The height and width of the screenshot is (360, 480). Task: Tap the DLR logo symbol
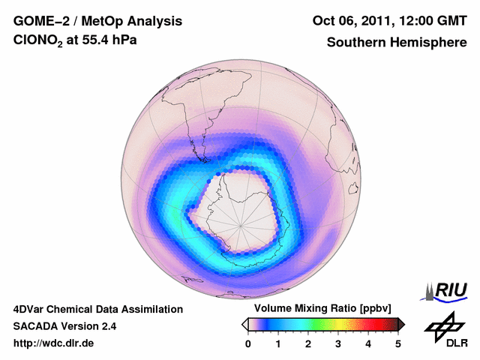pyautogui.click(x=443, y=325)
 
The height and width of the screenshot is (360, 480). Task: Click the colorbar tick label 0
pyautogui.click(x=248, y=343)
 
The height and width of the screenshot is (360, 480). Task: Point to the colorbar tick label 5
pyautogui.click(x=398, y=343)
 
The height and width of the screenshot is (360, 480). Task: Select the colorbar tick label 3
pyautogui.click(x=338, y=343)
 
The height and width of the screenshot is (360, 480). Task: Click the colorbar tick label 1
pyautogui.click(x=278, y=343)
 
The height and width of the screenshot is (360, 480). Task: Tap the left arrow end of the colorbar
pyautogui.click(x=244, y=324)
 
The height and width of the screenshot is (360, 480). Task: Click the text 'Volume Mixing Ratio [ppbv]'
pyautogui.click(x=319, y=308)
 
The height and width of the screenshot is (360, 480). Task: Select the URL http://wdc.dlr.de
pyautogui.click(x=54, y=343)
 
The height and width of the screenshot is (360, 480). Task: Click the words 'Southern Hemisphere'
pyautogui.click(x=396, y=43)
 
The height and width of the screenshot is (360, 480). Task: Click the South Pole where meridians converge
pyautogui.click(x=241, y=223)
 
